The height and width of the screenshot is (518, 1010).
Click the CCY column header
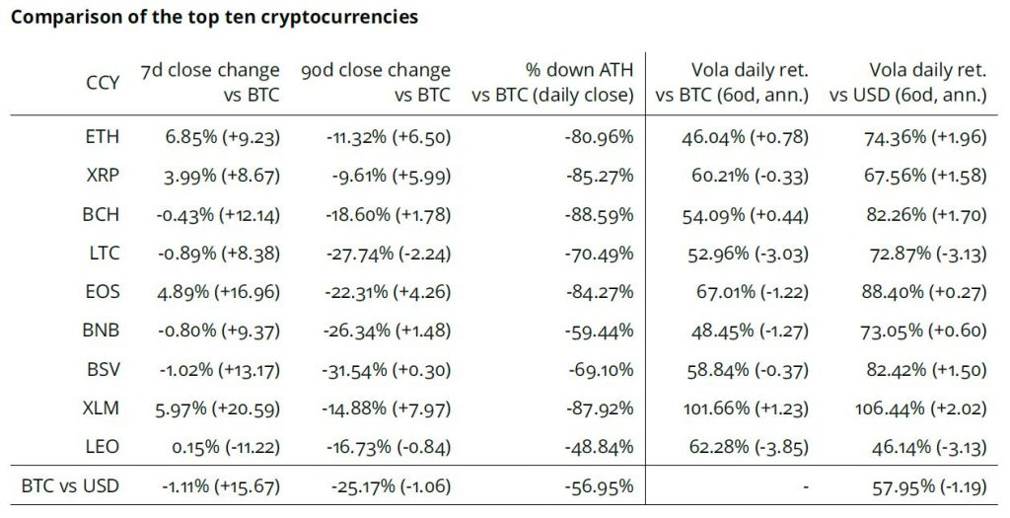[103, 83]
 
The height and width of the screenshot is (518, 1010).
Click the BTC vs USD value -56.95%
[599, 485]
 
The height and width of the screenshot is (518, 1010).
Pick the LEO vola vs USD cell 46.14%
[923, 447]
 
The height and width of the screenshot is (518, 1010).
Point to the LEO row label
[103, 447]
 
